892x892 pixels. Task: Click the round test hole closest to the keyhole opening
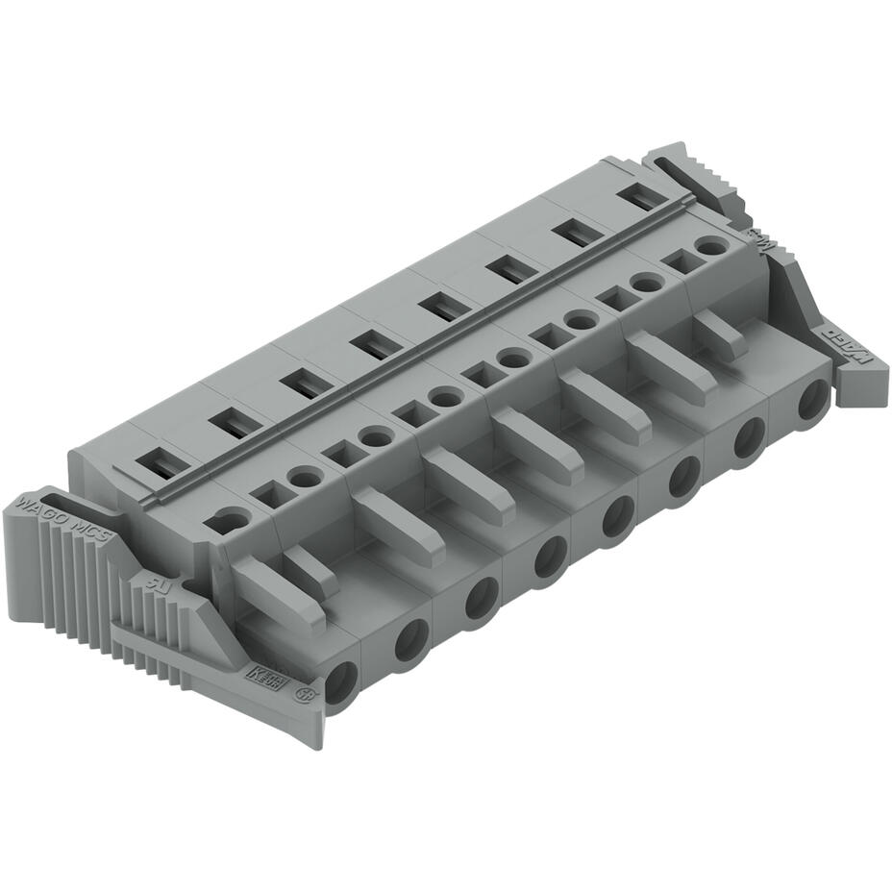point(305,477)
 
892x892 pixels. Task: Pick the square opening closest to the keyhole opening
point(270,494)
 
